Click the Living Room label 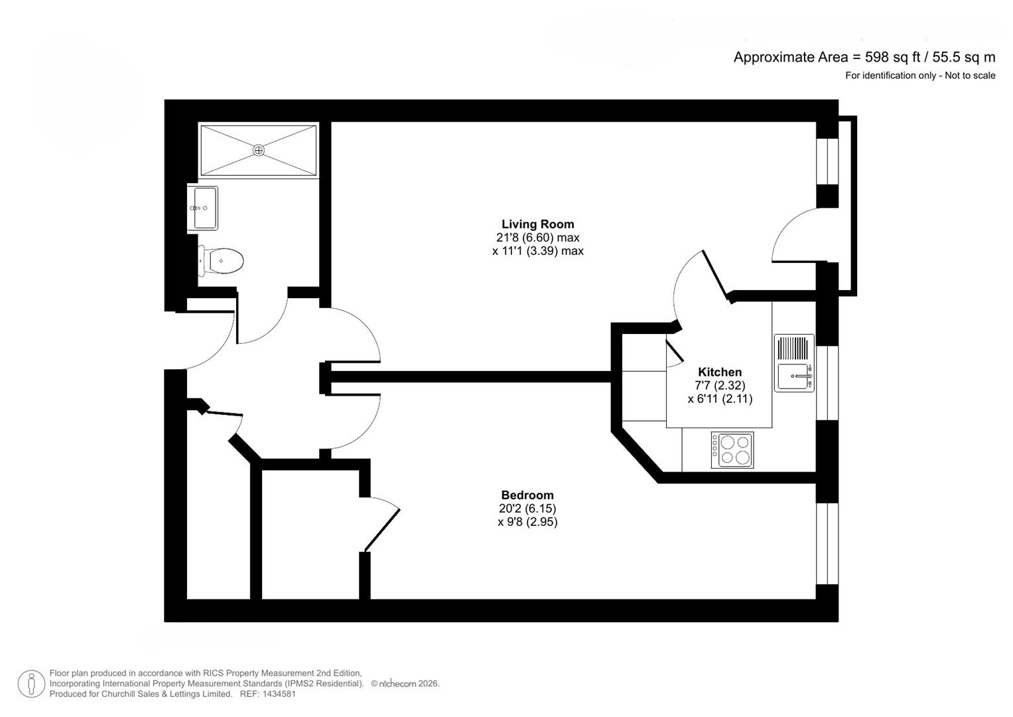(538, 224)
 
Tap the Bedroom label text (527, 495)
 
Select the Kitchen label (720, 372)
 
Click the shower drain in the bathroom (259, 150)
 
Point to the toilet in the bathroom (221, 261)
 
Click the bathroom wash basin (203, 208)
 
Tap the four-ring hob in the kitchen (732, 450)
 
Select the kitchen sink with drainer (794, 363)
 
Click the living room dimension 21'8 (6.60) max (538, 238)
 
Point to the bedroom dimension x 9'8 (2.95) (527, 522)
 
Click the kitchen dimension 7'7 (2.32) (720, 385)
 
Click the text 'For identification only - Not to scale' (920, 76)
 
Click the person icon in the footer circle (31, 684)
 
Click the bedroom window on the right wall (827, 544)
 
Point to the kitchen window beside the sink (827, 383)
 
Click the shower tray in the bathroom (259, 150)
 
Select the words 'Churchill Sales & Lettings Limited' (167, 694)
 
